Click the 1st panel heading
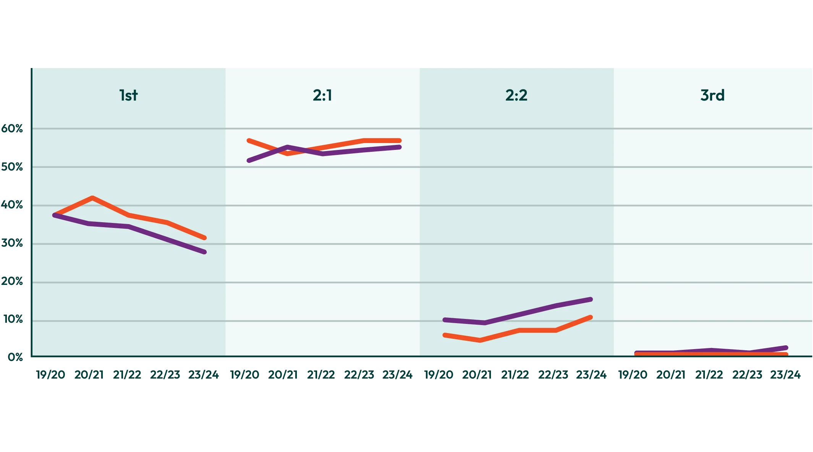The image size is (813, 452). (x=128, y=95)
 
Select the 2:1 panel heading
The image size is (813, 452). (x=322, y=95)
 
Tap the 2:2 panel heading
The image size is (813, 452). (x=516, y=95)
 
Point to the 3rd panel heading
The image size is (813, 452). (x=712, y=95)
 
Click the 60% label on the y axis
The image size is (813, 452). (x=12, y=129)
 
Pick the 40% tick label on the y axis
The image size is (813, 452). (x=12, y=205)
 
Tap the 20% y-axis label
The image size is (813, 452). (x=12, y=282)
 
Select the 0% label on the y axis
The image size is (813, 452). (x=15, y=357)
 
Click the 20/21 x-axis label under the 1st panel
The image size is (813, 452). (x=89, y=375)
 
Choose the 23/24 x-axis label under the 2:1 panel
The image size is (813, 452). (x=397, y=375)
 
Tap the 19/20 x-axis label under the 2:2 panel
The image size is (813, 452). (x=439, y=375)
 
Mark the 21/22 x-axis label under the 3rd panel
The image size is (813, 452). (x=709, y=375)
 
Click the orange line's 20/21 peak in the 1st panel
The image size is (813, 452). (x=92, y=198)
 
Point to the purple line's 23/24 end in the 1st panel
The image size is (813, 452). (x=204, y=252)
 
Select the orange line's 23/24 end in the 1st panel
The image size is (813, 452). (x=204, y=238)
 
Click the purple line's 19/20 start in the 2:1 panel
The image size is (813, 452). (x=249, y=161)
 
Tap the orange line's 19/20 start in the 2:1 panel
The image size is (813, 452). (x=249, y=141)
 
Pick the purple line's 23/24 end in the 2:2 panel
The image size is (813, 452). (x=591, y=299)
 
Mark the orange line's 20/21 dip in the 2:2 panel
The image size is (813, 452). (x=480, y=340)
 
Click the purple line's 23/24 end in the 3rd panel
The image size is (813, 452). (x=786, y=348)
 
